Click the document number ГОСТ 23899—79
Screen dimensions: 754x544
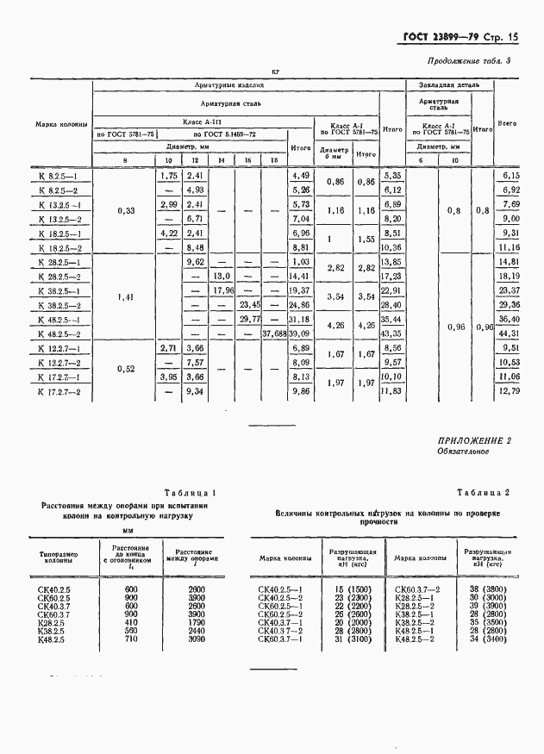438,37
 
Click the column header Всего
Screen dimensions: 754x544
507,124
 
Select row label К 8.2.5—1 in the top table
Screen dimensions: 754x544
59,175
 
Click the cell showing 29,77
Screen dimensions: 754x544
249,319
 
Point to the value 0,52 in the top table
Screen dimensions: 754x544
123,370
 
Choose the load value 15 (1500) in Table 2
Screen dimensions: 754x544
348,589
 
